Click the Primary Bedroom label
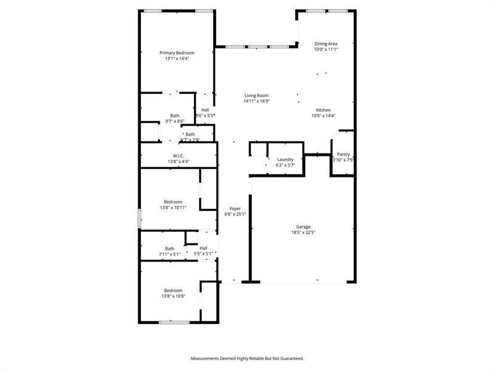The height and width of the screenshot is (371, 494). [177, 53]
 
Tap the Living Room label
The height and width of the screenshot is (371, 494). [256, 95]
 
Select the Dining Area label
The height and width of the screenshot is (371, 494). [325, 43]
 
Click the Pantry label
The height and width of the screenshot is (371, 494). [343, 155]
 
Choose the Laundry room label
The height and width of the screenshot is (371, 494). [285, 160]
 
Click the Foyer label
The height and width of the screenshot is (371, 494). [235, 208]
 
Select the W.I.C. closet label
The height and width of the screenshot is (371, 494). [178, 156]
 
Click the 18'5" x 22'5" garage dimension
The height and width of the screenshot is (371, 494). [304, 232]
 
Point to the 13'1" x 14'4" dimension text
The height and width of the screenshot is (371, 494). [177, 59]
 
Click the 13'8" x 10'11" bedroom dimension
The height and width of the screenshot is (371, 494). [173, 207]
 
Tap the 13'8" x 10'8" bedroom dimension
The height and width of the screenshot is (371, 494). [173, 296]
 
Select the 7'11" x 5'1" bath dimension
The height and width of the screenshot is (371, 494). [170, 254]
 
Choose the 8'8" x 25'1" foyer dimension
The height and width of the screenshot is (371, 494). [235, 214]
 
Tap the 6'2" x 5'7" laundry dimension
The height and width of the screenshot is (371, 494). [285, 165]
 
